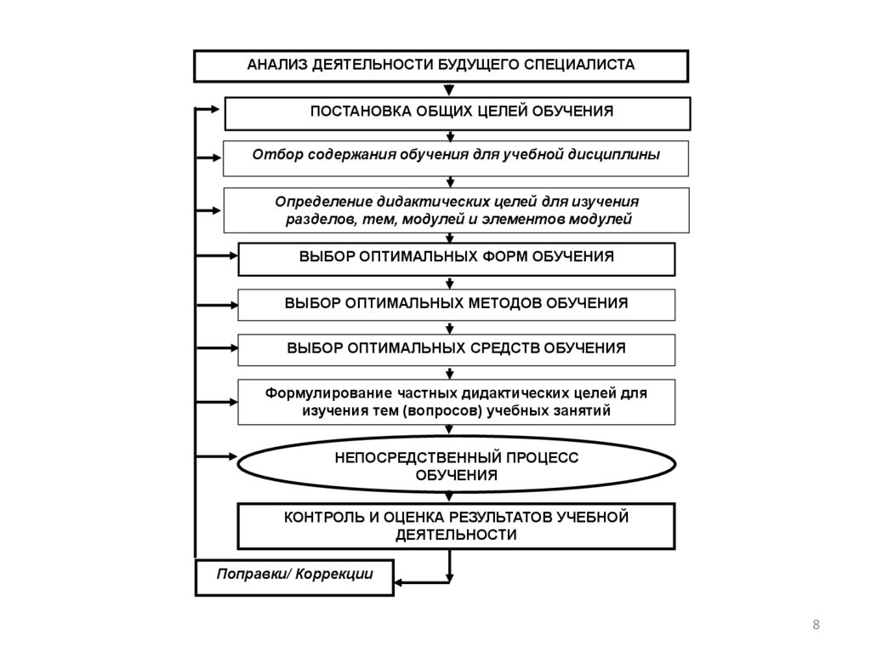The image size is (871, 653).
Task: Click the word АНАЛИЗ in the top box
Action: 276,65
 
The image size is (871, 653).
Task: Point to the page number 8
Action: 817,627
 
